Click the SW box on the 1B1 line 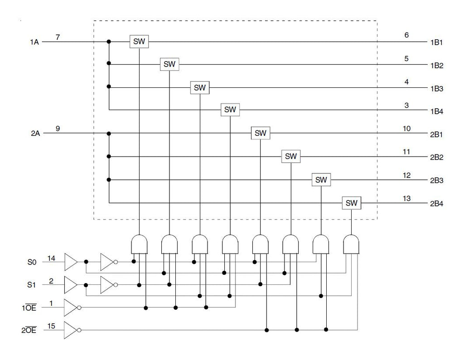(x=139, y=41)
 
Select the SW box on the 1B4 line (x=230, y=110)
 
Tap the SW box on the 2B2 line (x=291, y=156)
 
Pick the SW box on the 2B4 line (x=352, y=203)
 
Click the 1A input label (x=34, y=42)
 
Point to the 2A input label (x=35, y=134)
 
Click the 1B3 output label (x=436, y=89)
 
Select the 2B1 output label (x=436, y=134)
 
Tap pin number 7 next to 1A (x=58, y=37)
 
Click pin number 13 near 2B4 (x=406, y=198)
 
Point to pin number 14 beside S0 (x=51, y=259)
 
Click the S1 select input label (x=31, y=285)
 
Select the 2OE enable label (x=29, y=330)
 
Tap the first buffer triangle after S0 (x=71, y=262)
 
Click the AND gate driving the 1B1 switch (x=139, y=245)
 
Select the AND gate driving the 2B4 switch (x=351, y=245)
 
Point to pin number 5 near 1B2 (x=406, y=58)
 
